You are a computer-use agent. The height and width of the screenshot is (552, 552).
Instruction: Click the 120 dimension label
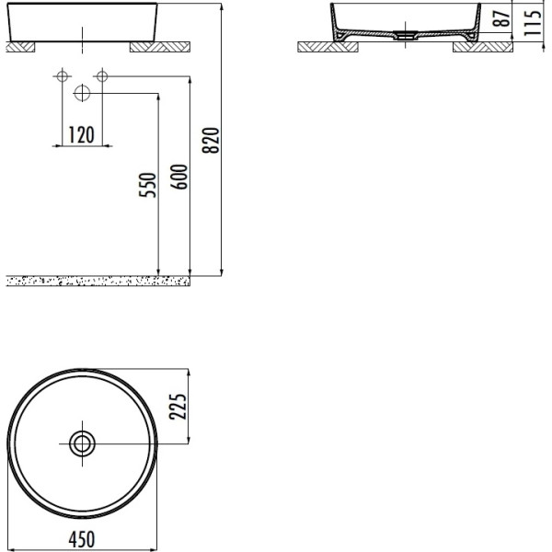(81, 135)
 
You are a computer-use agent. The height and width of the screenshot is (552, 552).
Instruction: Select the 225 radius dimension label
(179, 406)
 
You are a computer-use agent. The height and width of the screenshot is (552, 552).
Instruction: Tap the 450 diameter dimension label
(81, 538)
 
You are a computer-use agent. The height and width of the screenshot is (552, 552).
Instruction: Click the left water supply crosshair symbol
(62, 75)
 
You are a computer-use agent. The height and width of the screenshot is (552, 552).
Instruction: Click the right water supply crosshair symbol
(101, 75)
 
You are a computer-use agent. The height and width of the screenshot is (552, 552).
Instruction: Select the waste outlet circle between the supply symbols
(81, 92)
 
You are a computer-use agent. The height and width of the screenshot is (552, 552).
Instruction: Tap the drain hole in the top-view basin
(82, 443)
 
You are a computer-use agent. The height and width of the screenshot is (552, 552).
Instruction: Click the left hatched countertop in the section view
(318, 47)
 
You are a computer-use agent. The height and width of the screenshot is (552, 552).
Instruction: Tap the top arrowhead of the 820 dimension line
(223, 6)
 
